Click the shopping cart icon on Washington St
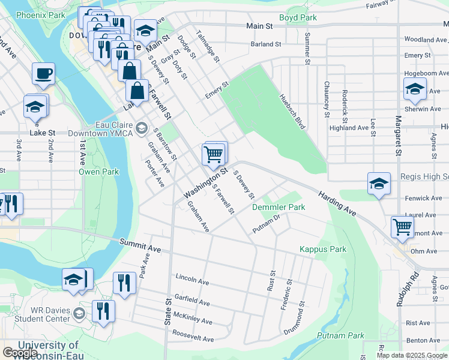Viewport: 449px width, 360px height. pyautogui.click(x=214, y=154)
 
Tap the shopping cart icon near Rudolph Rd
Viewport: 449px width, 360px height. pyautogui.click(x=402, y=227)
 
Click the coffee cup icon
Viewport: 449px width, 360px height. pyautogui.click(x=43, y=74)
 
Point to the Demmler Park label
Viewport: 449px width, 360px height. pyautogui.click(x=279, y=207)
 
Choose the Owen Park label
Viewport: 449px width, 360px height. pyautogui.click(x=99, y=172)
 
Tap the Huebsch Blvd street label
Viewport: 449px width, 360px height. pyautogui.click(x=292, y=112)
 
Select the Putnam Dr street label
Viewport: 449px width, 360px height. pyautogui.click(x=267, y=225)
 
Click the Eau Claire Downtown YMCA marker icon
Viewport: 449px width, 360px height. pyautogui.click(x=142, y=127)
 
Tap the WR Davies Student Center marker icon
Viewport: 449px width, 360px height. pyautogui.click(x=79, y=314)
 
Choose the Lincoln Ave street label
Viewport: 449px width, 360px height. pyautogui.click(x=192, y=279)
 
